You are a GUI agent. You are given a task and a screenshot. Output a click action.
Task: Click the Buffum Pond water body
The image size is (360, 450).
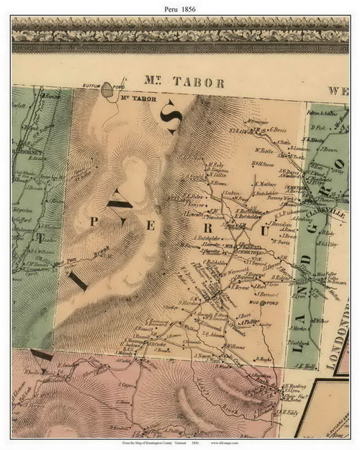(x=107, y=91)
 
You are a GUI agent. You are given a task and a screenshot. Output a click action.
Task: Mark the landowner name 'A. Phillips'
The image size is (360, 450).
(x=246, y=323)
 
